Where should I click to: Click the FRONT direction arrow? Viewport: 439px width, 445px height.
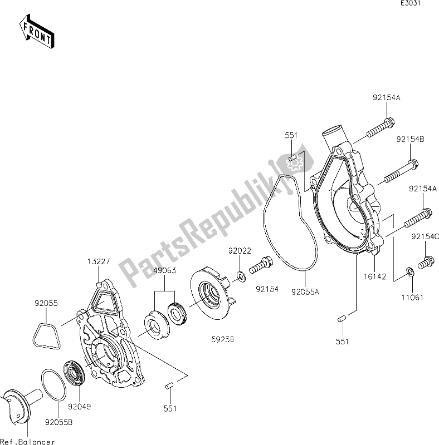36,32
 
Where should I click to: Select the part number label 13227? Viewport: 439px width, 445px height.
97,261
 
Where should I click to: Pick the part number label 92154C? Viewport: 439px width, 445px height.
426,236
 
